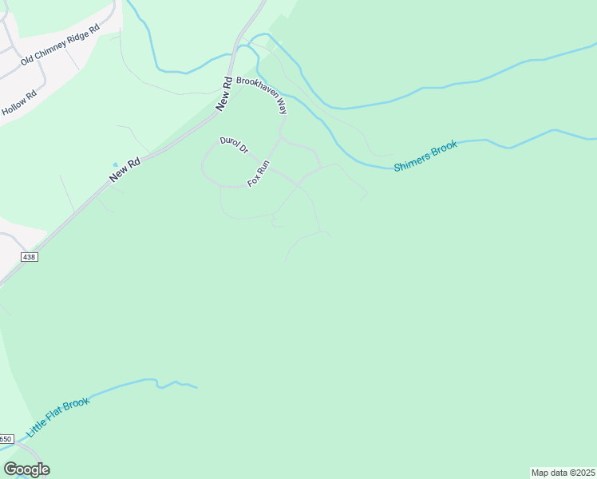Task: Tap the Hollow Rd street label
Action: pos(20,103)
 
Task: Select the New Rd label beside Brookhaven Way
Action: pos(224,93)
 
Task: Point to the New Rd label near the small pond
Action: pos(125,169)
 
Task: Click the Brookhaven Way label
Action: pos(261,94)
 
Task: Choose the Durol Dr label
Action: pos(235,145)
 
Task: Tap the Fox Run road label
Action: pos(259,173)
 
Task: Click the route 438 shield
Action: pos(30,257)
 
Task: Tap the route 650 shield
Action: pos(6,439)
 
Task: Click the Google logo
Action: pos(26,469)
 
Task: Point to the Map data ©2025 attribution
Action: pos(563,473)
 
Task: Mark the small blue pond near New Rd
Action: pos(115,165)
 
